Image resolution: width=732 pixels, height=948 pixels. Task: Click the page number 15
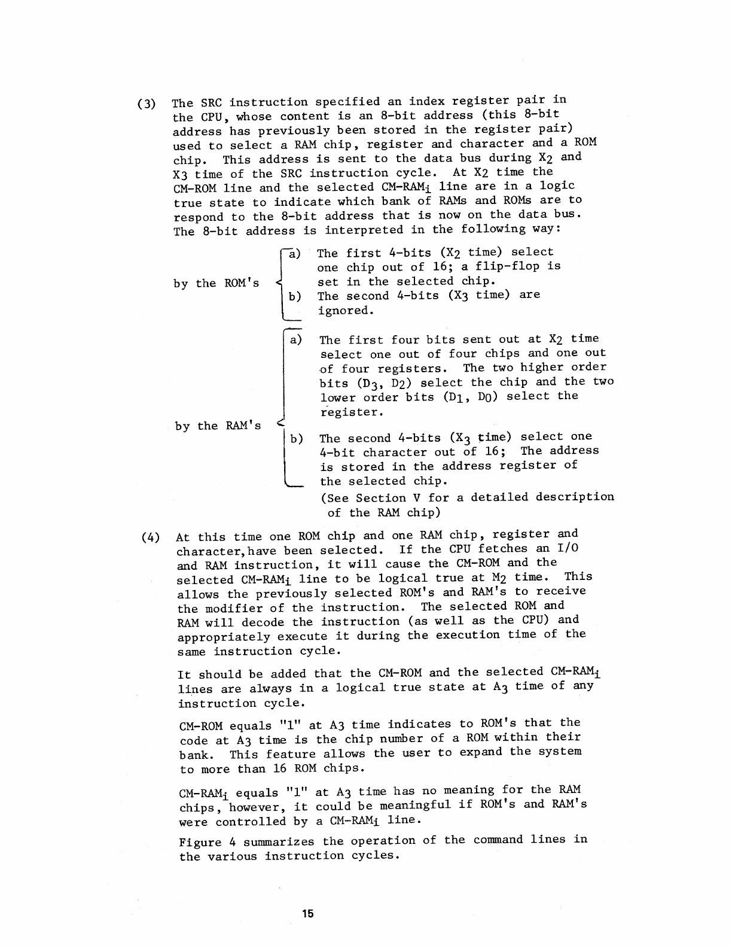(x=308, y=913)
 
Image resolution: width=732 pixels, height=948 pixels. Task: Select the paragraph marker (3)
(x=147, y=103)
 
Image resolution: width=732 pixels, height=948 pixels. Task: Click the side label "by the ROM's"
(x=216, y=283)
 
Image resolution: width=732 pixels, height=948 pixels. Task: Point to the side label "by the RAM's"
(x=218, y=426)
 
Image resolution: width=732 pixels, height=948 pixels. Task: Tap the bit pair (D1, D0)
(x=471, y=397)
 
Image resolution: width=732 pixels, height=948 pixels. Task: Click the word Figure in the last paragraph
(x=201, y=842)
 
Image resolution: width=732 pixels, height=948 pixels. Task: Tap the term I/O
(x=567, y=548)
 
